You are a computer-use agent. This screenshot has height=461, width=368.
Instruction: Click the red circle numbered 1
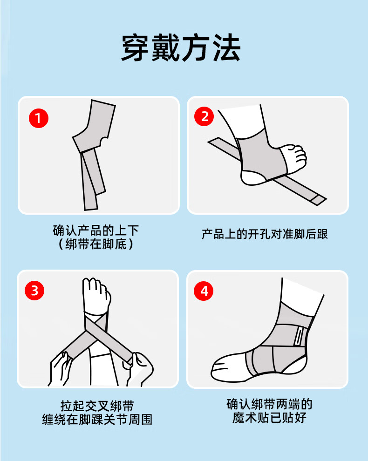pos(39,118)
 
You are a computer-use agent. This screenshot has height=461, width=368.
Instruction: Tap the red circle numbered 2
pos(204,116)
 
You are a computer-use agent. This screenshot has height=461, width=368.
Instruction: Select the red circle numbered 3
pos(34,291)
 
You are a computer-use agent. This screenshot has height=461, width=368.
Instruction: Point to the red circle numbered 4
pos(204,291)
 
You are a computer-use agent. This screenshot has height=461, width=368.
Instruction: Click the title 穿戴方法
pos(181,47)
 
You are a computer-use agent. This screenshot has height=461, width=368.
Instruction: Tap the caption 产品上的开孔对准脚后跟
pos(265,234)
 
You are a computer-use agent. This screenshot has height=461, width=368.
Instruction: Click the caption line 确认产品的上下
pos(96,230)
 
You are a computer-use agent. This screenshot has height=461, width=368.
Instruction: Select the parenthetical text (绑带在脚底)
pos(96,244)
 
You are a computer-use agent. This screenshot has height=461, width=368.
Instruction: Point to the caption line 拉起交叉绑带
pos(97,406)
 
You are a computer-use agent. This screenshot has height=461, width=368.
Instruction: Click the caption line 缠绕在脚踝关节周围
pos(97,419)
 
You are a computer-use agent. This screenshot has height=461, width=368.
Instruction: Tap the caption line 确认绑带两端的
pos(269,404)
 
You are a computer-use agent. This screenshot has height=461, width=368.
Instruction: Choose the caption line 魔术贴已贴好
pos(269,418)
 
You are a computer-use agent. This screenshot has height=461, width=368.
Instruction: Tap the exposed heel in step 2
pos(253,177)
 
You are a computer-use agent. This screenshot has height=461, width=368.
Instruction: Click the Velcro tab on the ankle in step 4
pos(299,336)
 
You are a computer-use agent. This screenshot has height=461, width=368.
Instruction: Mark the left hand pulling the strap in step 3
pos(60,369)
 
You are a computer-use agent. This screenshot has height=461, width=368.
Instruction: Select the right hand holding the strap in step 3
pos(140,369)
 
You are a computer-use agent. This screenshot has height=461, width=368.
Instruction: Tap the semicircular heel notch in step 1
pos(103,142)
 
